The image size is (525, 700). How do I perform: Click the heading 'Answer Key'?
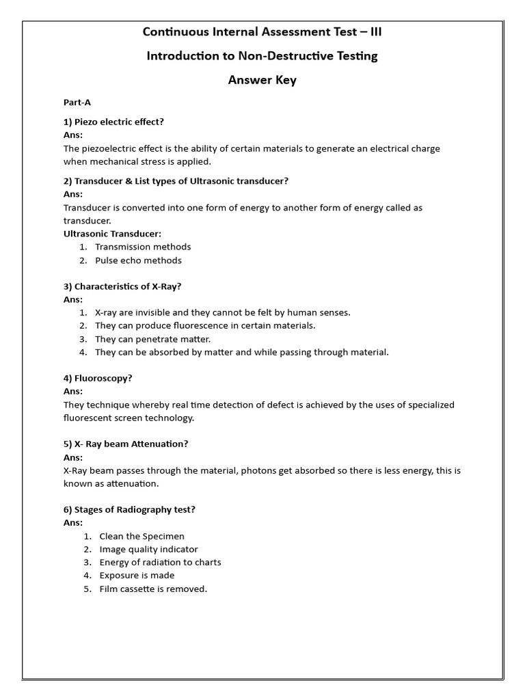(x=262, y=80)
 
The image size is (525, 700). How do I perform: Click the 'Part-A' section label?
(x=77, y=103)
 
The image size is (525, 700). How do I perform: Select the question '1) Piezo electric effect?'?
(x=113, y=122)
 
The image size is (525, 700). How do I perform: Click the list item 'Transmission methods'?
(x=143, y=247)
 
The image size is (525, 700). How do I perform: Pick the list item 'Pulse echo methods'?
(x=138, y=260)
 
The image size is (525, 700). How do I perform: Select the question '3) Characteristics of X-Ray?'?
(x=122, y=286)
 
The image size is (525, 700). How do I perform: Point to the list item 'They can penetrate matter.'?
(x=152, y=339)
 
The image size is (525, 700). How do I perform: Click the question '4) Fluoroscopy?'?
(x=98, y=378)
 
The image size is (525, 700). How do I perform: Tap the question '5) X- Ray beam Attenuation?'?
(x=126, y=444)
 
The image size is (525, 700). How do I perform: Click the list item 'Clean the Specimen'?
(x=142, y=537)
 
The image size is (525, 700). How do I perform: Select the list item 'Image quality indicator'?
(x=148, y=550)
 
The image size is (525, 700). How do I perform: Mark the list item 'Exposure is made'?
(x=137, y=576)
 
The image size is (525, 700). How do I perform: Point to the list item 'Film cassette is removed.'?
(x=153, y=589)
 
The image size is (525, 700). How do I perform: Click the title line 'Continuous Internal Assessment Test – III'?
(x=262, y=31)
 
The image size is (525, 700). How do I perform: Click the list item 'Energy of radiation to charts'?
(x=160, y=563)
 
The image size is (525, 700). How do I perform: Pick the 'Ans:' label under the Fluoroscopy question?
(x=73, y=392)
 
